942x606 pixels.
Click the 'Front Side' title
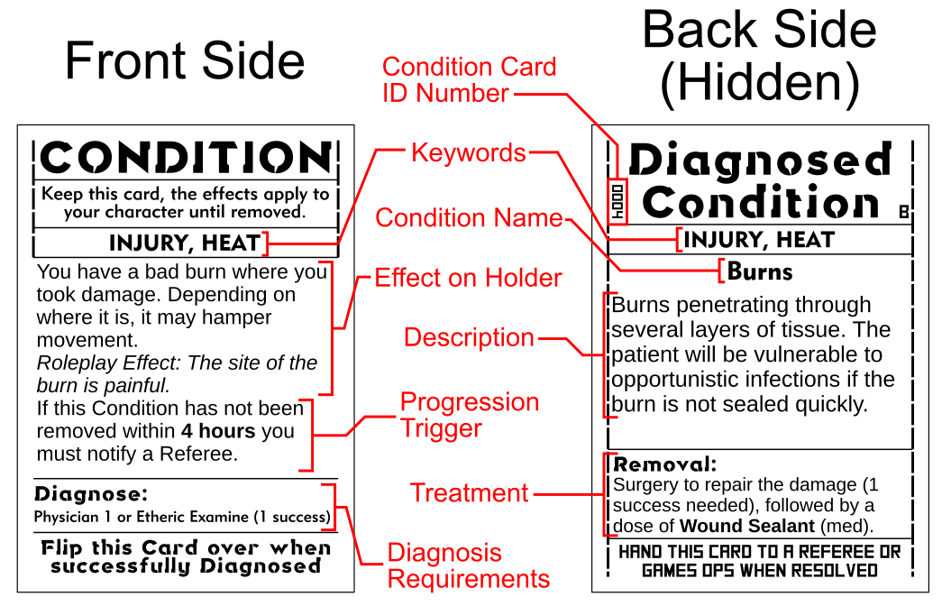[185, 61]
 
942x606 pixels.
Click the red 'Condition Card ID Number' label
[469, 80]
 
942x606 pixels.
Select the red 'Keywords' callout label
[468, 152]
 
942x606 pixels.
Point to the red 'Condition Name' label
[469, 217]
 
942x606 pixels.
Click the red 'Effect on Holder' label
[468, 278]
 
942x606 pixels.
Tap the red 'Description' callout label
[469, 337]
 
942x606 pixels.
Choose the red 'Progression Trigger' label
[469, 415]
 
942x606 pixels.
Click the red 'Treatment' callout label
[469, 492]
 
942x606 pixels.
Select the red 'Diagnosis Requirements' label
[469, 565]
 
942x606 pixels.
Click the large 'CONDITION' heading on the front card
[186, 159]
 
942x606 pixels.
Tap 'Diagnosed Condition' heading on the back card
[761, 181]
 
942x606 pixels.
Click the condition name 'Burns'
[760, 271]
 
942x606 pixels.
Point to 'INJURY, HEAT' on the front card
[184, 243]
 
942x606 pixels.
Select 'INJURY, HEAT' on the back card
[759, 240]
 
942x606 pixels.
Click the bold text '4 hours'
[215, 431]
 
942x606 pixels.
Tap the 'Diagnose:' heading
[90, 494]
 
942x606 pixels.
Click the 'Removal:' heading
[665, 465]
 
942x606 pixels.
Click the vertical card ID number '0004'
[618, 198]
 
